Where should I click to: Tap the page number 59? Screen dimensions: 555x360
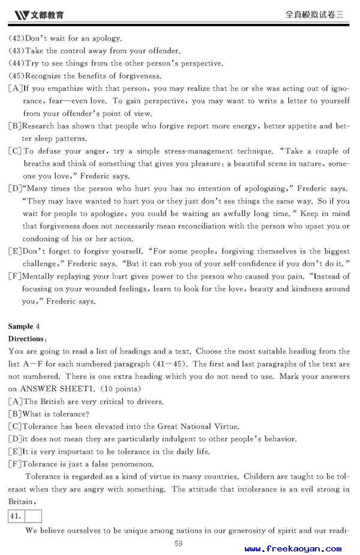178,544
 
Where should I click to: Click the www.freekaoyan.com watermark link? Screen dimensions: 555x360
293,548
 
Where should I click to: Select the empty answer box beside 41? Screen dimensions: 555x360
33,515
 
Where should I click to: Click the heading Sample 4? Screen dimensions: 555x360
24,326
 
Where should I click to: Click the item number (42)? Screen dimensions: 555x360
16,38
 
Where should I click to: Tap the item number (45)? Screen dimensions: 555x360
16,76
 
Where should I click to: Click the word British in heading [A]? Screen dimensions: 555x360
52,401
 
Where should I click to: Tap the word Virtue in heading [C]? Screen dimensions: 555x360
209,427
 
